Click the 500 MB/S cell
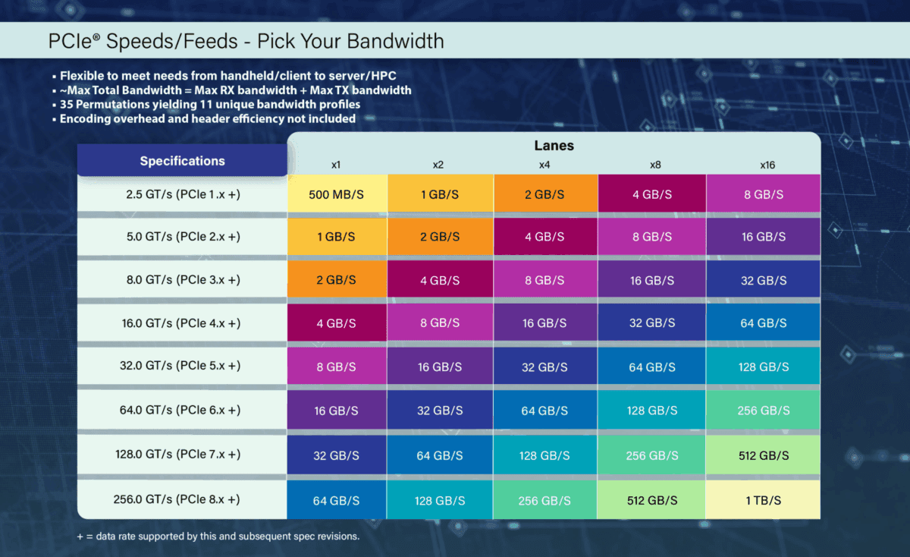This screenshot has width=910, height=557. click(337, 194)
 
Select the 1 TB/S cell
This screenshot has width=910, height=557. click(763, 500)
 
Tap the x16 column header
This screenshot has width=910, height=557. click(767, 164)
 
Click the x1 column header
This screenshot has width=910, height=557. click(335, 164)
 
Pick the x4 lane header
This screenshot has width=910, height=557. click(544, 164)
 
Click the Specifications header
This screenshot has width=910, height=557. click(182, 161)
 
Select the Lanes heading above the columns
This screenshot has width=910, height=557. click(554, 145)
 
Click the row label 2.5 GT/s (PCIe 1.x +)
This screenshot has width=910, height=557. click(182, 194)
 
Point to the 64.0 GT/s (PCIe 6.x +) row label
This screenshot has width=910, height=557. click(182, 410)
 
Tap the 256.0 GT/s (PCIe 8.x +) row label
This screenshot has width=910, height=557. click(182, 499)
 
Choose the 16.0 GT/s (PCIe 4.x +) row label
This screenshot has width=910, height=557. click(182, 323)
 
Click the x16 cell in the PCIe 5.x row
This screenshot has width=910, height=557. click(763, 367)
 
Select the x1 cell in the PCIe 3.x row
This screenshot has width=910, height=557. click(337, 280)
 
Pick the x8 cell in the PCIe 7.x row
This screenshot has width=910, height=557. click(651, 455)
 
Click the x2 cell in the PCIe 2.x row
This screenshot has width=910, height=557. click(440, 237)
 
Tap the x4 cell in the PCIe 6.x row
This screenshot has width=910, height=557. click(545, 411)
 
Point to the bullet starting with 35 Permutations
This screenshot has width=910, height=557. click(209, 104)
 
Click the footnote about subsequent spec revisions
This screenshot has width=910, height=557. click(218, 536)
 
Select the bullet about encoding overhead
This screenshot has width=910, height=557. click(207, 118)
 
